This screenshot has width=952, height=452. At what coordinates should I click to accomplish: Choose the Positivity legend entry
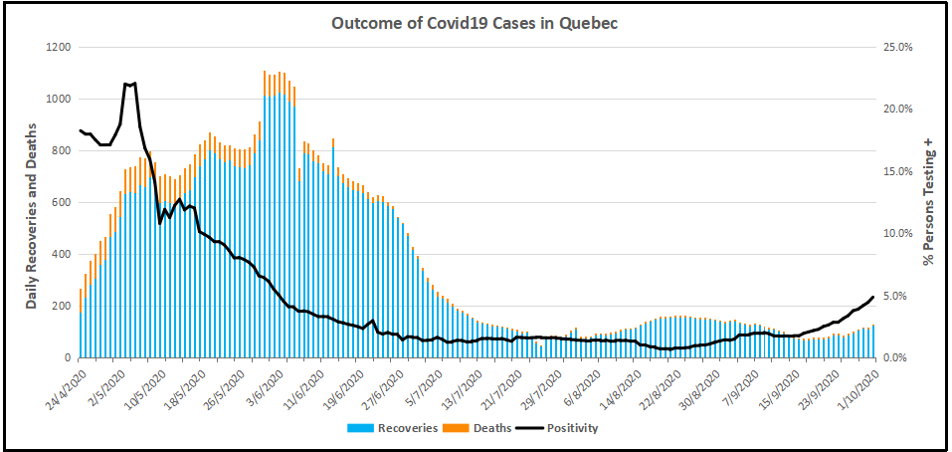pyautogui.click(x=563, y=429)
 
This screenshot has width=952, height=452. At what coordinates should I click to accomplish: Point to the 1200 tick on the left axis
pyautogui.click(x=57, y=48)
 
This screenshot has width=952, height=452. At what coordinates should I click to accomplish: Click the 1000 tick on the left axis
pyautogui.click(x=57, y=100)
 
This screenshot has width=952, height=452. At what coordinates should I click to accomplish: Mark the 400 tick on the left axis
pyautogui.click(x=60, y=255)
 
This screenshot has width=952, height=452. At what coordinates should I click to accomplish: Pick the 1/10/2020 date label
pyautogui.click(x=856, y=385)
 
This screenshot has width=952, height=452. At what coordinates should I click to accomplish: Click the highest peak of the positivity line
pyautogui.click(x=134, y=84)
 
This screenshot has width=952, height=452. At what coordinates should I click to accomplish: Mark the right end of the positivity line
pyautogui.click(x=872, y=297)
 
